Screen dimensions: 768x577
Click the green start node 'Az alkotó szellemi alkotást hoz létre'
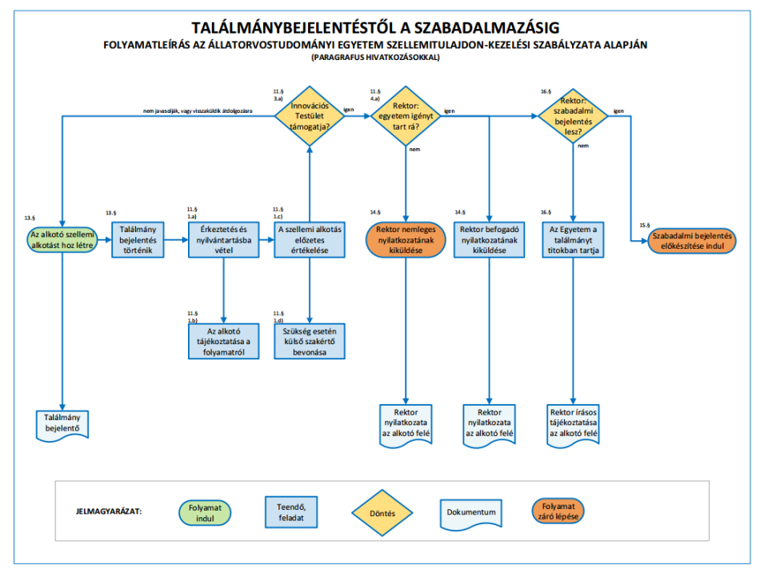coord(62,240)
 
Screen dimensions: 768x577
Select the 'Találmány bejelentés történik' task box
coord(138,240)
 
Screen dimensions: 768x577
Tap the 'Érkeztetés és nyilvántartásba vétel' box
coord(223,240)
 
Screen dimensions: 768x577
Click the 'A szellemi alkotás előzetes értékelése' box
coord(310,240)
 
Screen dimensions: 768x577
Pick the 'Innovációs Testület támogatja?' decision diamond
coord(310,116)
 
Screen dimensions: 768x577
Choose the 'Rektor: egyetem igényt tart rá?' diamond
coord(406,116)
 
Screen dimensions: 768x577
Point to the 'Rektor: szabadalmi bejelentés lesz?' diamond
coord(573,116)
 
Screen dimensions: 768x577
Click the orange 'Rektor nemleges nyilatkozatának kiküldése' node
coord(406,240)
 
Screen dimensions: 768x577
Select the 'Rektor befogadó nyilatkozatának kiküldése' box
coord(490,240)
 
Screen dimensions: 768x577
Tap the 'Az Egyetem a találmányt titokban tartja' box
coord(573,240)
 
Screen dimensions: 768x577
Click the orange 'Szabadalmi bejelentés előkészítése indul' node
coord(691,241)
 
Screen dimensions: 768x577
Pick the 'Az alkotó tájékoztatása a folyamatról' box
coord(223,342)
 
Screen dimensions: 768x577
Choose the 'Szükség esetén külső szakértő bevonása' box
coord(310,342)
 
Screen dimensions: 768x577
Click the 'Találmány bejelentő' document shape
coord(62,425)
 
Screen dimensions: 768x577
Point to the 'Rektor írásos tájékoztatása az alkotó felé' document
coord(573,425)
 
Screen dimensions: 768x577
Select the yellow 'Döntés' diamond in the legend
coord(382,513)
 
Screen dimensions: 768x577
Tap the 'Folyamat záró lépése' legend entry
coord(558,511)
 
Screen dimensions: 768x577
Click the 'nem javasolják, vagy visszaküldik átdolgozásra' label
coord(198,111)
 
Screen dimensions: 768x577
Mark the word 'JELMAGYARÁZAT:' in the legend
coord(109,511)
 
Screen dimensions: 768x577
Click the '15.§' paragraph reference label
coord(645,226)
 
